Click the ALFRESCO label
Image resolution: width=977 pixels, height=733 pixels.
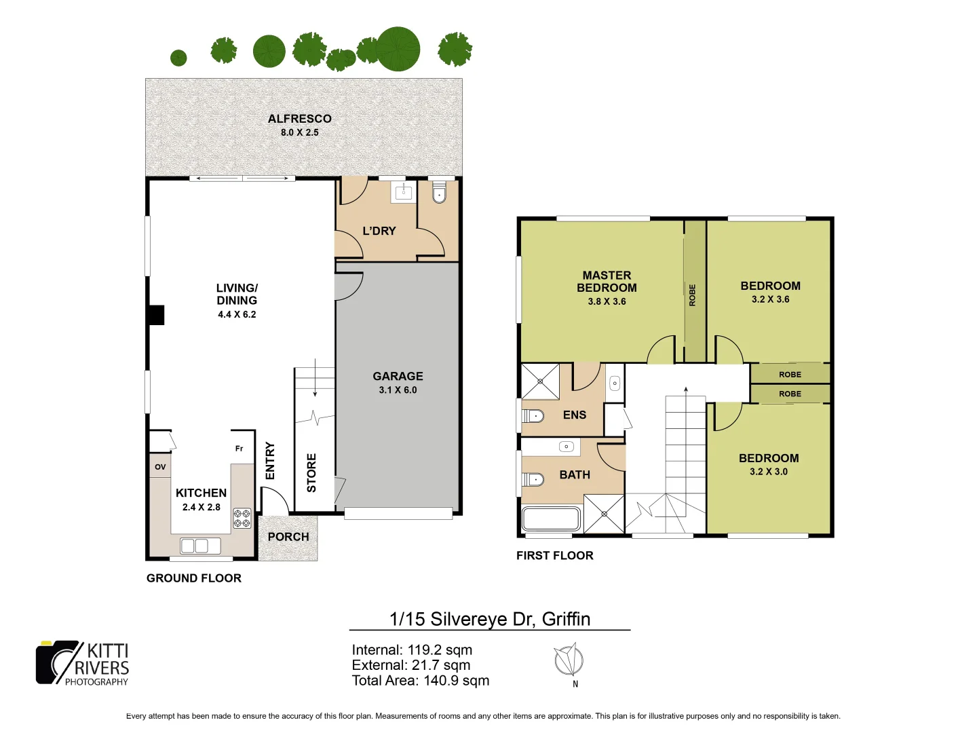pos(299,119)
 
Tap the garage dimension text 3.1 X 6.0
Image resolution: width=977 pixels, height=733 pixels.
pos(398,390)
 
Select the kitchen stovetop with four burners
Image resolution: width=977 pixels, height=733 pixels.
pos(242,519)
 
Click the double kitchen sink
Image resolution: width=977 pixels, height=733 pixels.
pos(200,546)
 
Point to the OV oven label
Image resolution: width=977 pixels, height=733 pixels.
pos(160,467)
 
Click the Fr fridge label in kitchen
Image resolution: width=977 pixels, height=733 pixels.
pos(239,449)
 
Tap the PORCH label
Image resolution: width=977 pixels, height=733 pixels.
pos(288,537)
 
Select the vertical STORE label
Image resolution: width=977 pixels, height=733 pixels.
pos(311,473)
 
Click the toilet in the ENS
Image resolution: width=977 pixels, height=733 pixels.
pos(533,415)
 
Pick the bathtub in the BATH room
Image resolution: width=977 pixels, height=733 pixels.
pos(550,519)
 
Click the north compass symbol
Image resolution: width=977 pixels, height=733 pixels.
pos(568,660)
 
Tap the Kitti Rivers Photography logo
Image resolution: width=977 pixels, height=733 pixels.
pos(82,663)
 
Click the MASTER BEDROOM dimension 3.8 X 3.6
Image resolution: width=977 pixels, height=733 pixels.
pos(607,302)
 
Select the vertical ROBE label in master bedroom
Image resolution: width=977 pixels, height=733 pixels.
pos(693,295)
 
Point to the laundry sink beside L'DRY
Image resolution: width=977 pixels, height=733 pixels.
pos(403,193)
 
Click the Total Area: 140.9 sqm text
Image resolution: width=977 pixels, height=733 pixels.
pos(420,681)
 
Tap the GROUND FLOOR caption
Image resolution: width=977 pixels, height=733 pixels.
pos(194,578)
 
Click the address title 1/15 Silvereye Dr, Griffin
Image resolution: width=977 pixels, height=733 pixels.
pos(490,619)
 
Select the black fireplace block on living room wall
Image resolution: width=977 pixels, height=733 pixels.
pos(157,315)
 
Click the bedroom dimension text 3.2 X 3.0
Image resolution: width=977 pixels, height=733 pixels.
pos(769,472)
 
